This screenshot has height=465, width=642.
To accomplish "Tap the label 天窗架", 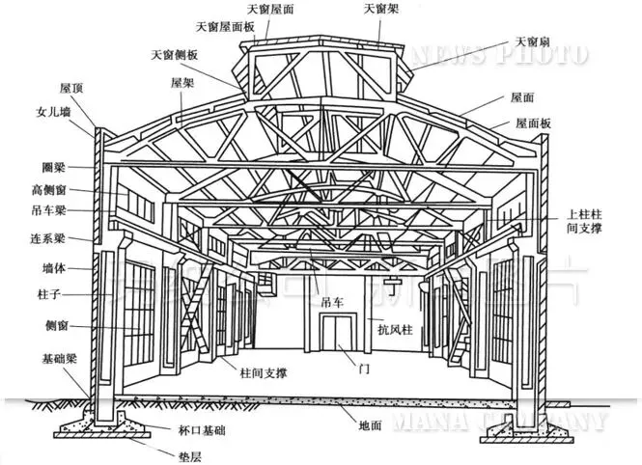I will tap(381, 9).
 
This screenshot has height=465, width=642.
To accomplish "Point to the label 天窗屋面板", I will tap(225, 28).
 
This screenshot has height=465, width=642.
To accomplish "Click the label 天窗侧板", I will tap(175, 54).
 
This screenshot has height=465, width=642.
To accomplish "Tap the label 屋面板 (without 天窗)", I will tap(533, 123).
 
